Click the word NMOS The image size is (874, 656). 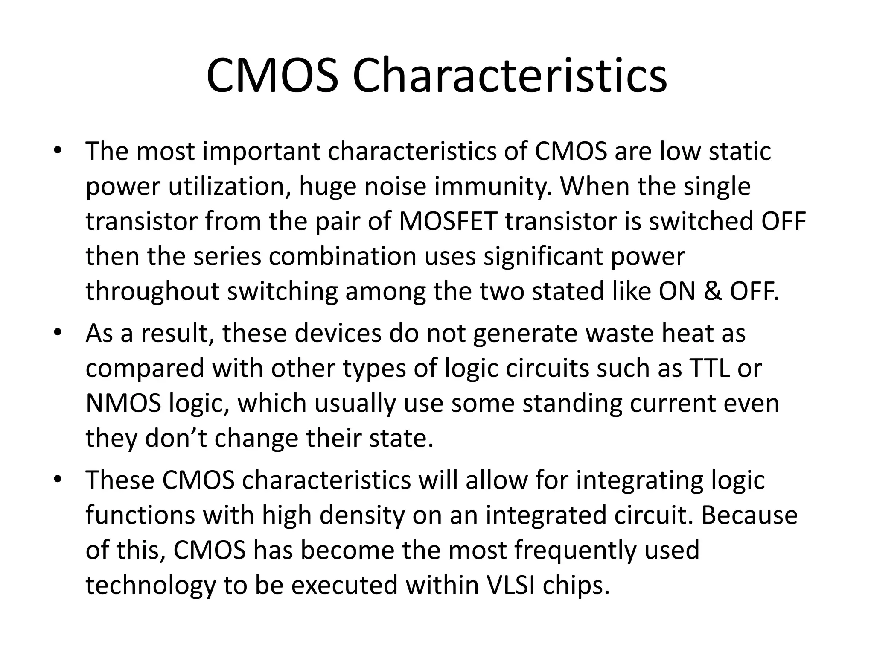[123, 403]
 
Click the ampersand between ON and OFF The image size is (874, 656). [712, 291]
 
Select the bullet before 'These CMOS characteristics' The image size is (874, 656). [58, 479]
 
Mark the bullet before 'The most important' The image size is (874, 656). [58, 150]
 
